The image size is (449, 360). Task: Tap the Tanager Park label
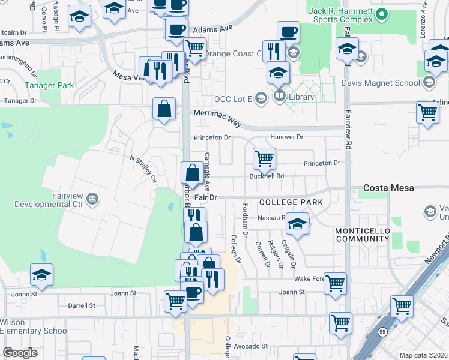(49, 85)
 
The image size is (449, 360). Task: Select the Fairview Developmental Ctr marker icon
(92, 198)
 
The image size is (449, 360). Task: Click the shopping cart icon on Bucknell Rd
(264, 159)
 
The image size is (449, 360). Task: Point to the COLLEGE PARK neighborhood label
(291, 203)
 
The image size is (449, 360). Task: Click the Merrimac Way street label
(217, 118)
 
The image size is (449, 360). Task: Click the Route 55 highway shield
(382, 331)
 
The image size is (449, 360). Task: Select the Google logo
(20, 353)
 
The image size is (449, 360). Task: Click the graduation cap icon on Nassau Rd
(297, 223)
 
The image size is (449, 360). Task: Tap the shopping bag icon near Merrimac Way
(164, 109)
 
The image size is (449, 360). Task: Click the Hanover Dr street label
(286, 137)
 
